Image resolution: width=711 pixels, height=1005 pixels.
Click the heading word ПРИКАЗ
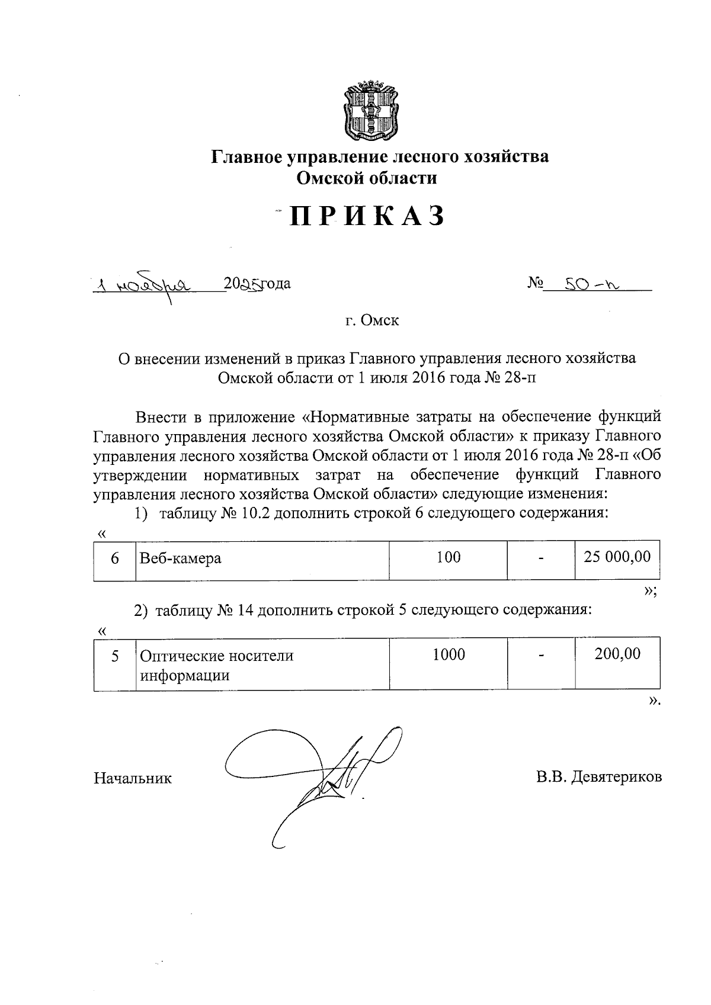pyautogui.click(x=367, y=217)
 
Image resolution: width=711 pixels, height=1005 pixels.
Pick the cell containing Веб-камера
pyautogui.click(x=262, y=558)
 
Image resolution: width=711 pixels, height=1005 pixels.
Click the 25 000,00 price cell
pyautogui.click(x=617, y=557)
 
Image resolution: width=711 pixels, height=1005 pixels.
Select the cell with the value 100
pyautogui.click(x=449, y=557)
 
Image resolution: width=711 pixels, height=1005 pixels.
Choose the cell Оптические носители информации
pyautogui.click(x=262, y=664)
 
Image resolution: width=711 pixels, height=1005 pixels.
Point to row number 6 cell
pyautogui.click(x=115, y=558)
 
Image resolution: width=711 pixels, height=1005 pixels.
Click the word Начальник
pyautogui.click(x=133, y=778)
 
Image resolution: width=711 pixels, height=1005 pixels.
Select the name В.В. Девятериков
pyautogui.click(x=599, y=777)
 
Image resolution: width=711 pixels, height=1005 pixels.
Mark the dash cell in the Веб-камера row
pyautogui.click(x=541, y=558)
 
